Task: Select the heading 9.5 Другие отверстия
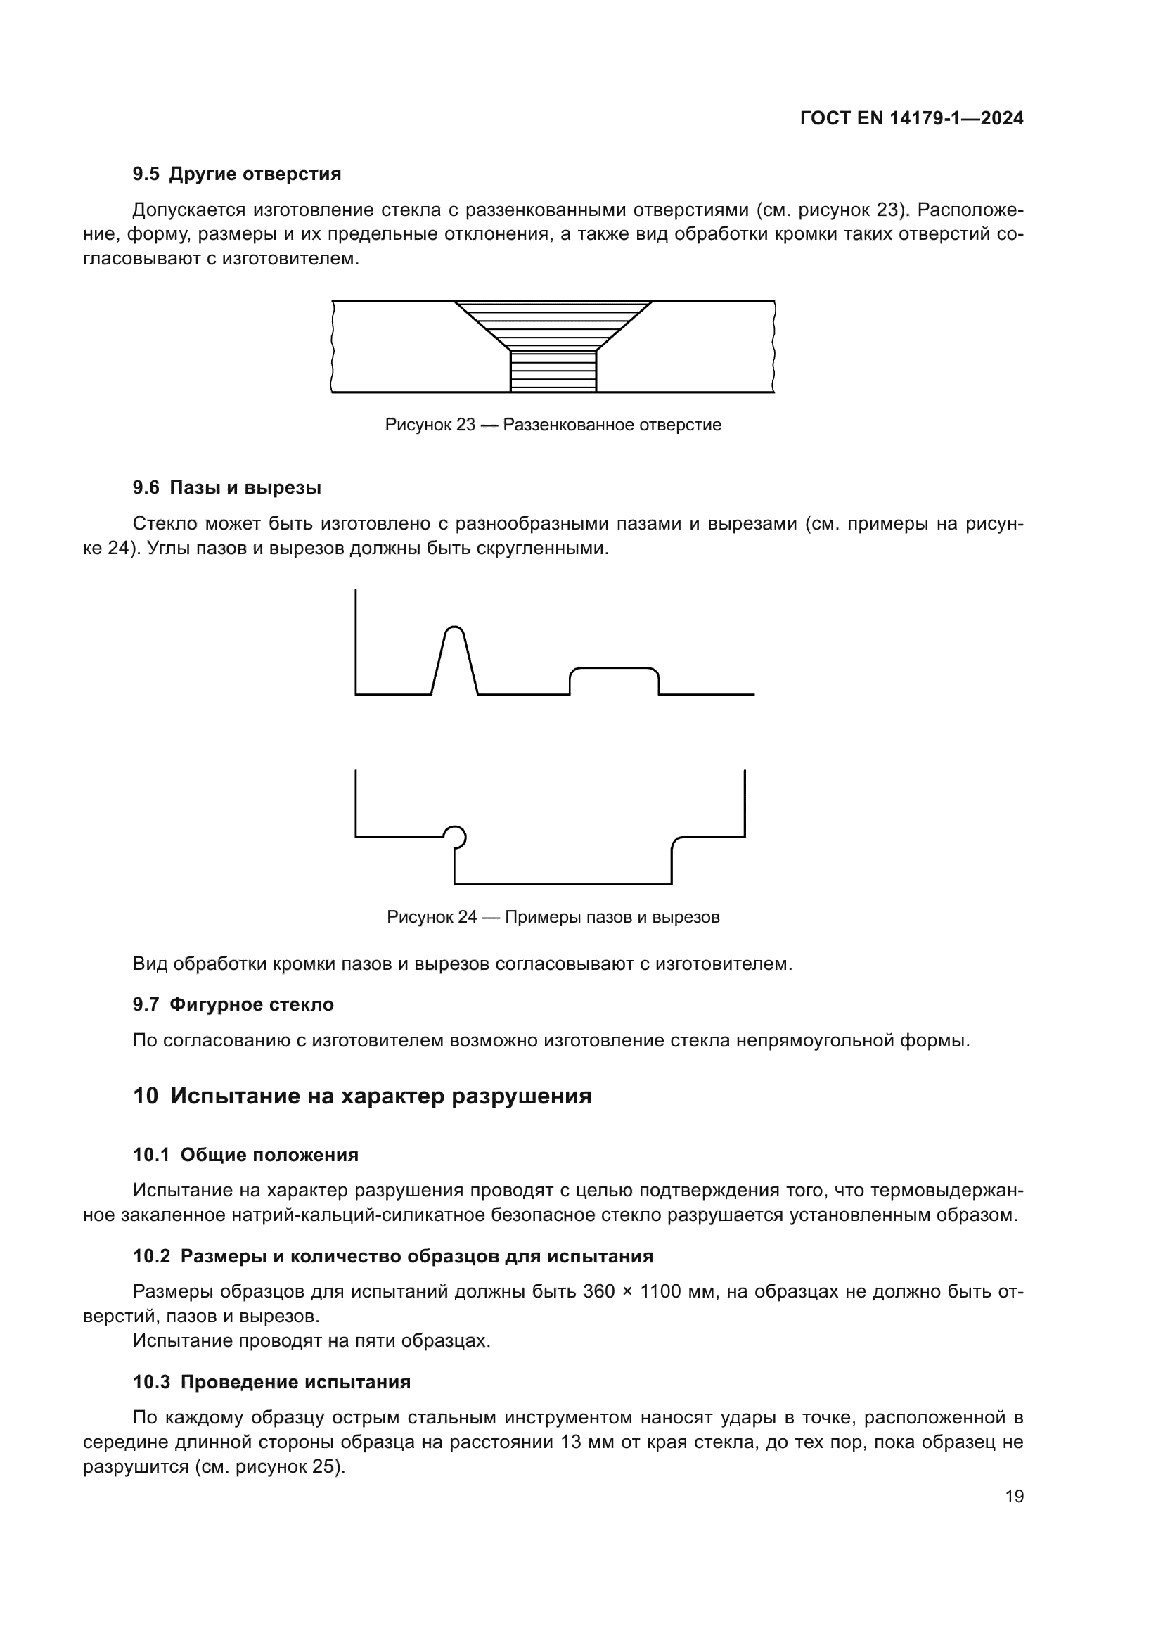(236, 174)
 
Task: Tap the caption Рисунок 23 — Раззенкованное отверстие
(553, 425)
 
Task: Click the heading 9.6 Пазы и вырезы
(226, 488)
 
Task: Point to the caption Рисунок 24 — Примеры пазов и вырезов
(553, 917)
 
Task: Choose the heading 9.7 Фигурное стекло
(233, 1004)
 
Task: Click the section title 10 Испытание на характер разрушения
(361, 1096)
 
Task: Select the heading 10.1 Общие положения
(245, 1155)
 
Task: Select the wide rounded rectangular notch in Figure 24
(614, 681)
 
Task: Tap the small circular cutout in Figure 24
(455, 836)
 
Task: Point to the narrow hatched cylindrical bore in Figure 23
(553, 371)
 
